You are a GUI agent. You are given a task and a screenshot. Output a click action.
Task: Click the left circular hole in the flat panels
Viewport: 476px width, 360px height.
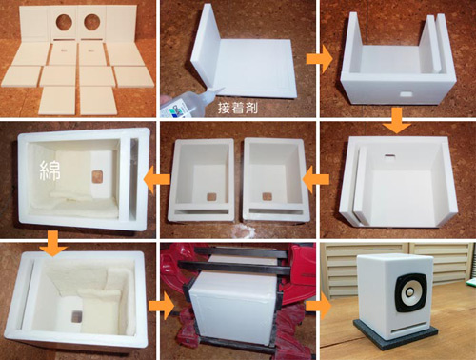click(64, 21)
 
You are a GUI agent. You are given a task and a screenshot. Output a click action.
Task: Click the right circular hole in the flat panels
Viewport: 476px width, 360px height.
click(92, 22)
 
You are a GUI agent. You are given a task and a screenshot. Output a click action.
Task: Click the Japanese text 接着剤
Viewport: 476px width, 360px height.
click(238, 109)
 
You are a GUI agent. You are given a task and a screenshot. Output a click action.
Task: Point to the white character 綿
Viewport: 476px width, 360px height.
click(50, 170)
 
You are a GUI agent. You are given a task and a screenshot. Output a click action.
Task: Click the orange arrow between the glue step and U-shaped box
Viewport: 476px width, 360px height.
click(319, 59)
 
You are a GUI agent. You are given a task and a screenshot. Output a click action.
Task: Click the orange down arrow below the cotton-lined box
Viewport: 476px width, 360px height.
click(52, 244)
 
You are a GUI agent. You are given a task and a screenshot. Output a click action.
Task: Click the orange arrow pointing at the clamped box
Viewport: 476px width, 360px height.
click(162, 306)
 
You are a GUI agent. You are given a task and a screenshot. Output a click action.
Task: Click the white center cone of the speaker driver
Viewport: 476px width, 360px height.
click(409, 291)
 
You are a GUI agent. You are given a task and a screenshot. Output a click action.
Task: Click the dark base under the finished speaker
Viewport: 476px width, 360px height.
click(396, 336)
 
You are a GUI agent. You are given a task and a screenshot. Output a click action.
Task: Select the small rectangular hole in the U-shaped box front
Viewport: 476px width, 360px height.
click(406, 94)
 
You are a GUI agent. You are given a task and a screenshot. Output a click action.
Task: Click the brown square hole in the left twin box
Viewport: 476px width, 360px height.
click(210, 197)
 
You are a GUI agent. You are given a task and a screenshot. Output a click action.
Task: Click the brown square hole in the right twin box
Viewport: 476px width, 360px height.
click(267, 196)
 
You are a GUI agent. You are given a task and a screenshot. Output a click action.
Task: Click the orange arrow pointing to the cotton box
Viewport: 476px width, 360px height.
click(157, 180)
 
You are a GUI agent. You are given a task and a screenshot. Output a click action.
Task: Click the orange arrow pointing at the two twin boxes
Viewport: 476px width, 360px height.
click(316, 180)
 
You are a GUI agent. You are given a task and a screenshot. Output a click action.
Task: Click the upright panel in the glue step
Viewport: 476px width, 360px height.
click(205, 45)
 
